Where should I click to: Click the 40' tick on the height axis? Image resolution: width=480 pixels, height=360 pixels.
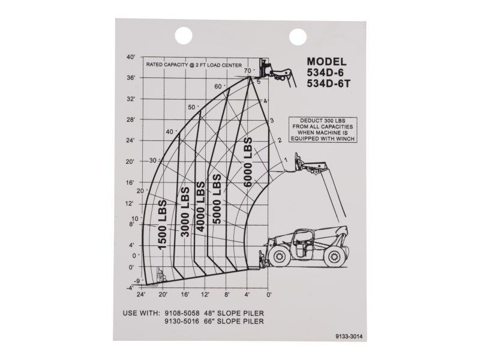pyautogui.click(x=131, y=58)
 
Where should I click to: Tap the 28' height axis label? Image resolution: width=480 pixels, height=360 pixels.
pyautogui.click(x=131, y=119)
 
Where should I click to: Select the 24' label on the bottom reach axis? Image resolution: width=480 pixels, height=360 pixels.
pyautogui.click(x=142, y=295)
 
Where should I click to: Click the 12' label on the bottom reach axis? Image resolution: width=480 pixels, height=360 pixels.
pyautogui.click(x=206, y=295)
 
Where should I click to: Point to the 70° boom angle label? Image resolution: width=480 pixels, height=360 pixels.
pyautogui.click(x=248, y=71)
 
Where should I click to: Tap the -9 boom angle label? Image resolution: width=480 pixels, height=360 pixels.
pyautogui.click(x=137, y=281)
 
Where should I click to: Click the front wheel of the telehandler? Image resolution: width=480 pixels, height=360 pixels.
pyautogui.click(x=280, y=256)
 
